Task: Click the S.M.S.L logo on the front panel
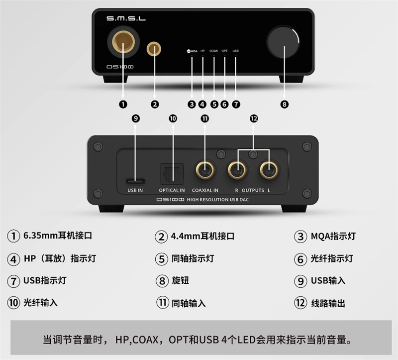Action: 126,18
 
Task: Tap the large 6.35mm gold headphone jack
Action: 123,41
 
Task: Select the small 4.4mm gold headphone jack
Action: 154,48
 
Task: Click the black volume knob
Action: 283,42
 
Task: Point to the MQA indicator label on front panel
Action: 192,51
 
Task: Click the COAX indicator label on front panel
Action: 214,51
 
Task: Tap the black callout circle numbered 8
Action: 284,104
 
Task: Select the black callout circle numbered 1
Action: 123,104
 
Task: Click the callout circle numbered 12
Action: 254,119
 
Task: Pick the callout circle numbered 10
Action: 173,119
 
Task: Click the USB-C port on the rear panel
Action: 135,181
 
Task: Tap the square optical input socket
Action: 172,174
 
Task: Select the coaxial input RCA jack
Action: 205,170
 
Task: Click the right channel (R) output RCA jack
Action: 237,170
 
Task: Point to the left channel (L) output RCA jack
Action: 269,170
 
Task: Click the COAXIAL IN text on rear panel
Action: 205,190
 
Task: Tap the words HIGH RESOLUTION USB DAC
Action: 218,200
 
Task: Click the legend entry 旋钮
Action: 180,280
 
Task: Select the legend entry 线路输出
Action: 328,303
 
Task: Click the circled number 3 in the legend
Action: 300,237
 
